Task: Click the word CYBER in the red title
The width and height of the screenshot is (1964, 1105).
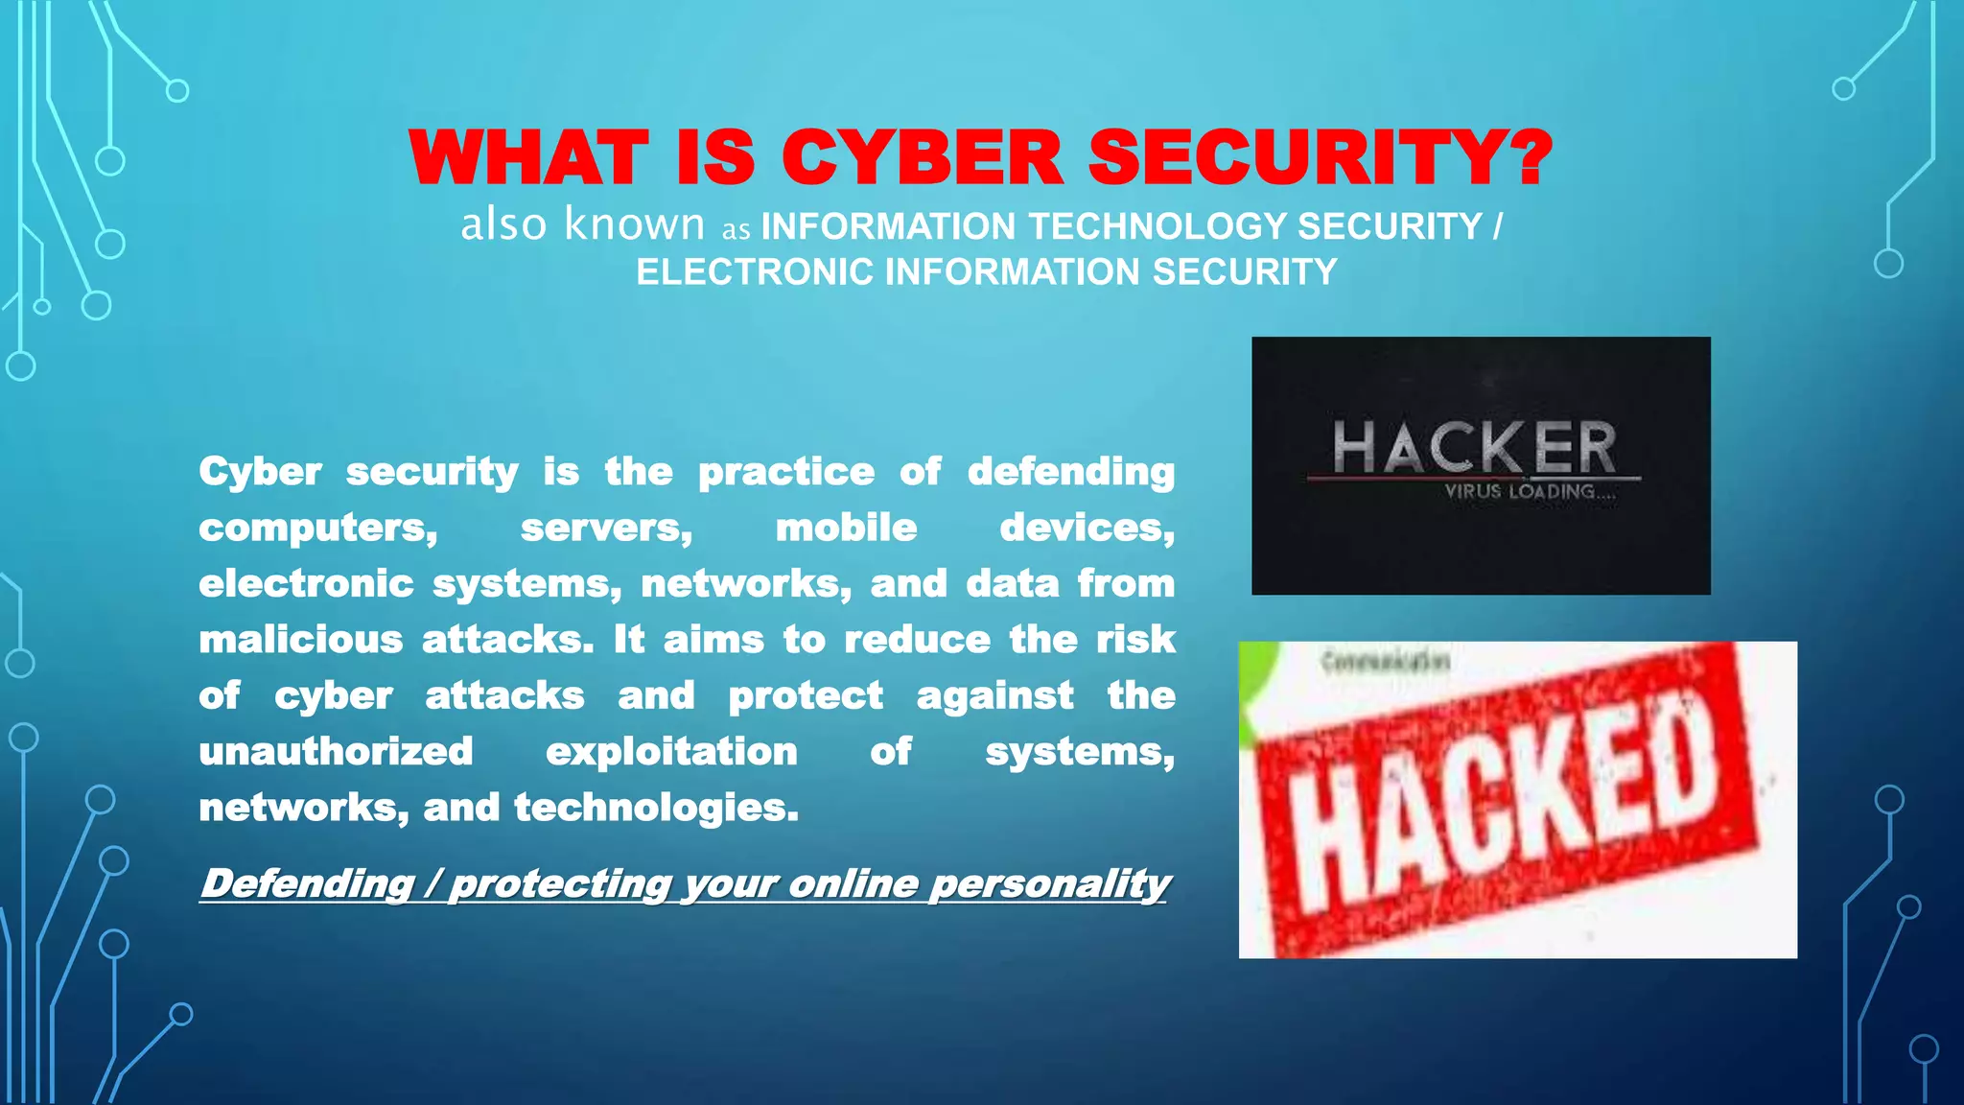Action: (x=922, y=158)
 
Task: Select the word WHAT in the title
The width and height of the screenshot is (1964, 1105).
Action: (x=528, y=158)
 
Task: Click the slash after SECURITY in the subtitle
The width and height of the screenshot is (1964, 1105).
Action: (x=1497, y=227)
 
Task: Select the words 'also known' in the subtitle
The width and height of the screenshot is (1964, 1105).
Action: (x=582, y=224)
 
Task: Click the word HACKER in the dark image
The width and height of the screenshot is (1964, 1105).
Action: (x=1474, y=447)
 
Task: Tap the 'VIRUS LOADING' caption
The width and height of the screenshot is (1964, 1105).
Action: (x=1529, y=492)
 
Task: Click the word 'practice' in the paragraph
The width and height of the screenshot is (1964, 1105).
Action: (x=785, y=472)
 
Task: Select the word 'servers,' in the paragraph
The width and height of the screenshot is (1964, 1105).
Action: (x=606, y=528)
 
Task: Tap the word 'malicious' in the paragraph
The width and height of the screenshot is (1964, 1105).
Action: (x=300, y=640)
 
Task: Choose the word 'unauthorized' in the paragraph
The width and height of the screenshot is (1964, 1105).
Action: (x=336, y=752)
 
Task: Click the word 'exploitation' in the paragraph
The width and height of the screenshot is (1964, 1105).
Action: (x=671, y=752)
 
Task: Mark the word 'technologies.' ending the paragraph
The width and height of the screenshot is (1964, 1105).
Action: (x=656, y=809)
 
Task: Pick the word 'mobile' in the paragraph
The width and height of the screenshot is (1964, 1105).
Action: (x=846, y=528)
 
